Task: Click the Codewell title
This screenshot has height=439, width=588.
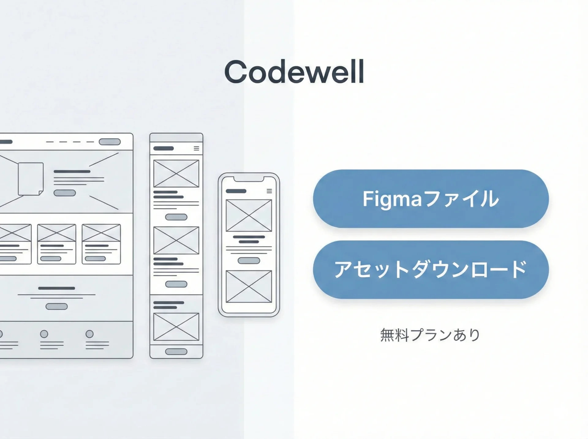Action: point(294,72)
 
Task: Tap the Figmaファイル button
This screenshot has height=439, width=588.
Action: point(431,199)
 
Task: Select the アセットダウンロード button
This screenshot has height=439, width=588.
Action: point(431,269)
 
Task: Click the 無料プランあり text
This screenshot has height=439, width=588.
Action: point(430,335)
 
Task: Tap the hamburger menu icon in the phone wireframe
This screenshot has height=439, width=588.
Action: point(269,191)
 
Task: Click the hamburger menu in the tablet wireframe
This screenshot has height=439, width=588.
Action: point(196,148)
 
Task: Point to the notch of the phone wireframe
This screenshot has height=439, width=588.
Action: point(249,178)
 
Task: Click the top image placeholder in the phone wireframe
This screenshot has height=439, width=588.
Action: point(249,216)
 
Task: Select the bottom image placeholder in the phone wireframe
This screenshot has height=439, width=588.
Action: point(249,287)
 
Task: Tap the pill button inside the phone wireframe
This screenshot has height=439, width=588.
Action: point(249,261)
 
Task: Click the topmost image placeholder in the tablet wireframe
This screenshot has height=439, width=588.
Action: point(176,173)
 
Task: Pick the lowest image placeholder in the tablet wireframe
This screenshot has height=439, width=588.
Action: point(176,326)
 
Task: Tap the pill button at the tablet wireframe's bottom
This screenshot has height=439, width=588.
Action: point(176,351)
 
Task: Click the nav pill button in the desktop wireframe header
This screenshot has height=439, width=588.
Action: point(110,142)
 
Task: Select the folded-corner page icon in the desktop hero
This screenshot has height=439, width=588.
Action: point(30,179)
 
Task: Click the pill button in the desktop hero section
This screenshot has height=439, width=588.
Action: point(65,193)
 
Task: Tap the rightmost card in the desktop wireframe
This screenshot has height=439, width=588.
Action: point(101,244)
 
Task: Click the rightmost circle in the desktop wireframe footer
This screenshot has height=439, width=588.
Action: point(89,334)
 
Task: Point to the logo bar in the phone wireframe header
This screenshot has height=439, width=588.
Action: point(236,191)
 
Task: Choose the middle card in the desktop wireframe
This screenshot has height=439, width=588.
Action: point(57,244)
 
